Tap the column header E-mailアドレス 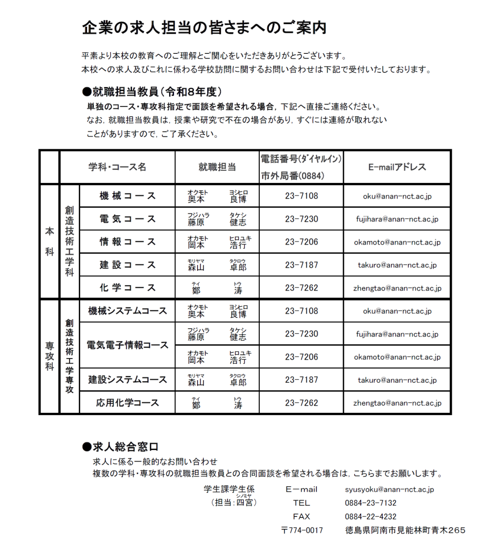[x=397, y=167]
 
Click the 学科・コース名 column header [x=117, y=167]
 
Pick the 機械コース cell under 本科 [x=128, y=196]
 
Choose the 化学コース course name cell [x=128, y=288]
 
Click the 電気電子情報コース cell [x=127, y=345]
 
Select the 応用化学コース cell [x=127, y=403]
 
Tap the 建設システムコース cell [x=127, y=380]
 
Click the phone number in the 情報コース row [x=302, y=242]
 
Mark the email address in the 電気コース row [x=397, y=219]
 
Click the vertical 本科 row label [x=49, y=242]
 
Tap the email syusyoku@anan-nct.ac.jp [x=390, y=489]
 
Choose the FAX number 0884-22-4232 [x=371, y=517]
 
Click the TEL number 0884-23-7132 [x=371, y=503]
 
